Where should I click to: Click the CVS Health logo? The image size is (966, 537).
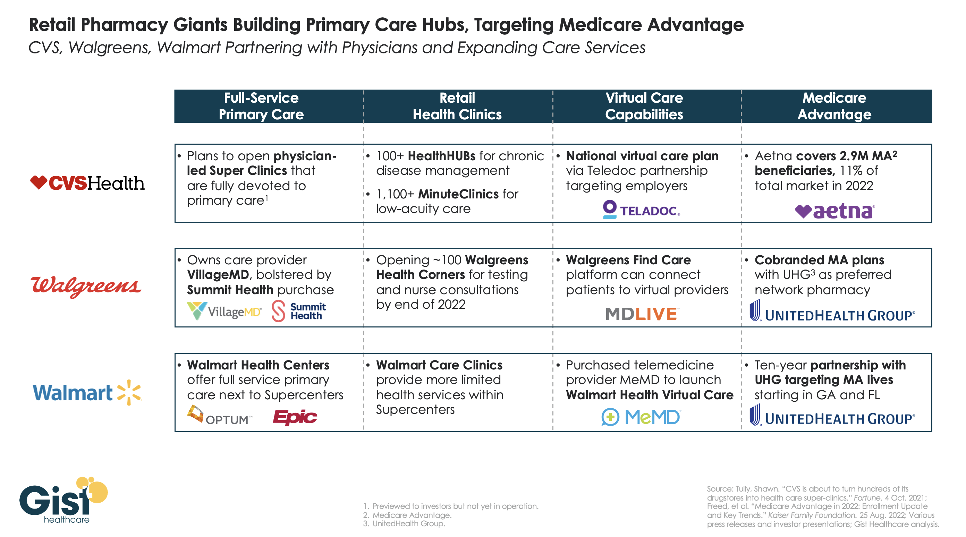pyautogui.click(x=87, y=184)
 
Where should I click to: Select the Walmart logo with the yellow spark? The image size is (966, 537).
pyautogui.click(x=87, y=393)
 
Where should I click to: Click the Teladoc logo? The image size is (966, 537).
pyautogui.click(x=641, y=210)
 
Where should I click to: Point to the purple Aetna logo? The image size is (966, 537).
pyautogui.click(x=835, y=211)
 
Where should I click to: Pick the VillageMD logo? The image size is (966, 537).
pyautogui.click(x=224, y=311)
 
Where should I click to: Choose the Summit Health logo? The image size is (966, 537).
pyautogui.click(x=299, y=311)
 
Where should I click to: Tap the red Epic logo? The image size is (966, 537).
pyautogui.click(x=295, y=417)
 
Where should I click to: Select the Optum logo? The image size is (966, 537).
pyautogui.click(x=219, y=416)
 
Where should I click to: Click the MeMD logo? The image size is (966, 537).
pyautogui.click(x=641, y=417)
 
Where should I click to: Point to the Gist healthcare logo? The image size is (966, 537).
pyautogui.click(x=63, y=500)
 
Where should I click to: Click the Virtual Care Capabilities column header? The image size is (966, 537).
pyautogui.click(x=644, y=106)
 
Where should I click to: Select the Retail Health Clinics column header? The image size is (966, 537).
pyautogui.click(x=457, y=106)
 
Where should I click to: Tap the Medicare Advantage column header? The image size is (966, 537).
pyautogui.click(x=834, y=106)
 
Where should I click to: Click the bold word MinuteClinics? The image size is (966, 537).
pyautogui.click(x=458, y=194)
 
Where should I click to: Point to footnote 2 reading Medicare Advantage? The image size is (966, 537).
pyautogui.click(x=412, y=515)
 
